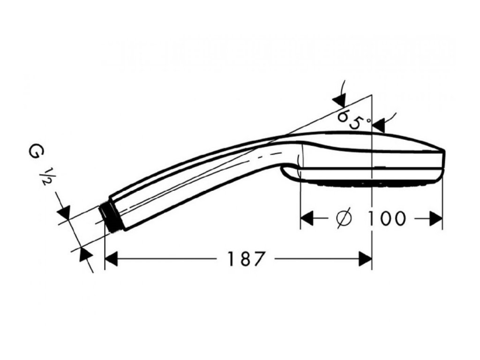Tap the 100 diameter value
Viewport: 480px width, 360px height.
pyautogui.click(x=386, y=218)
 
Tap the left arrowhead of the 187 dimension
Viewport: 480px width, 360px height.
pyautogui.click(x=111, y=259)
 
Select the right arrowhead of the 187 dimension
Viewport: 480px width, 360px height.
pyautogui.click(x=365, y=259)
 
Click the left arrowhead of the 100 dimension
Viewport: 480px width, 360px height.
pyautogui.click(x=307, y=218)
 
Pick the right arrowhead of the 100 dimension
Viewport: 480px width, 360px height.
pyautogui.click(x=436, y=218)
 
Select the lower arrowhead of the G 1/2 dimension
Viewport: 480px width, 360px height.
pyautogui.click(x=85, y=255)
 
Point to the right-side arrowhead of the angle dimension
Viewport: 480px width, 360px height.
pyautogui.click(x=378, y=125)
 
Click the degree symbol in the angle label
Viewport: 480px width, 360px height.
pyautogui.click(x=368, y=120)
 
